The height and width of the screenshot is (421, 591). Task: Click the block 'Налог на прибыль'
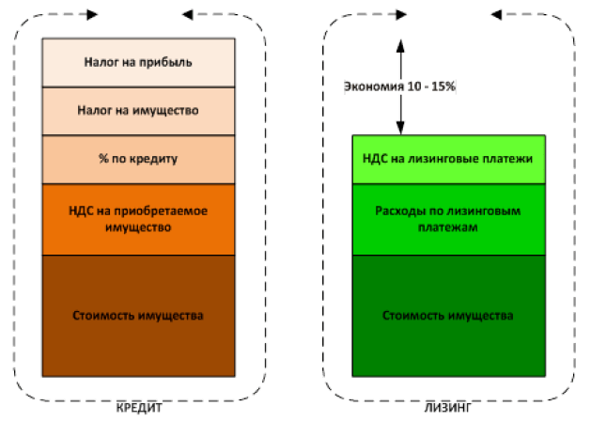(138, 62)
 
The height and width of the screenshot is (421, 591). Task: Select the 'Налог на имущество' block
(138, 110)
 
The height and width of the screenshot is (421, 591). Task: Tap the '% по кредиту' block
(138, 158)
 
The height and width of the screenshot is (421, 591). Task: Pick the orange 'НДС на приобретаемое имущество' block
(138, 219)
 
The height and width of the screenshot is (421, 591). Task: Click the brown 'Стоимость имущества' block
(138, 316)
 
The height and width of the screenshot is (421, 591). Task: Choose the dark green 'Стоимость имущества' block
(447, 316)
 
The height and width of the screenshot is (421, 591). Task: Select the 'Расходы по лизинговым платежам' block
(447, 219)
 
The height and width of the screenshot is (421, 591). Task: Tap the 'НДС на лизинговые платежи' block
(447, 158)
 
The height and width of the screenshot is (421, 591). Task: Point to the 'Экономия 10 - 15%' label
(400, 86)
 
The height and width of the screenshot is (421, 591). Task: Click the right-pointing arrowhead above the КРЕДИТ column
(91, 15)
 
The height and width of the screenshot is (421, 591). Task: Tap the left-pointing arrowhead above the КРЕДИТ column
(187, 15)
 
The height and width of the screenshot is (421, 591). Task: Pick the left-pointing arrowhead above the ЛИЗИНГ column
(496, 15)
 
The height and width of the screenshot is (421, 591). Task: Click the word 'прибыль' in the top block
(170, 63)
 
